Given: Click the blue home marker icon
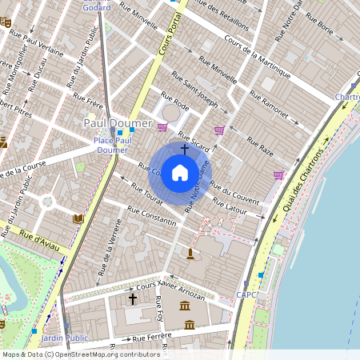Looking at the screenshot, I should (x=180, y=173).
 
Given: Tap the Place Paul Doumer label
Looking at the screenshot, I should (x=110, y=145).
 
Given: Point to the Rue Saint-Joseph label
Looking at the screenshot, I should (x=196, y=92).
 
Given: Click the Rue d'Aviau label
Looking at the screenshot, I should (x=37, y=237).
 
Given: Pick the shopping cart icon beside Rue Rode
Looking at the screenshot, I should (x=163, y=127).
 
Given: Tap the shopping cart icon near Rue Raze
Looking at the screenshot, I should (x=278, y=174).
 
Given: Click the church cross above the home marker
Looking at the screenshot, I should (x=185, y=148).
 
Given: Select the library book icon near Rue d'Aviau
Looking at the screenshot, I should (x=78, y=218).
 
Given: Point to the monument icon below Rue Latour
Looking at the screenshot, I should (x=190, y=254).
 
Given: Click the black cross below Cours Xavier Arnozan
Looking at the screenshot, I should (x=133, y=298).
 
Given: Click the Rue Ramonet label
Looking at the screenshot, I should (x=269, y=108).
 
